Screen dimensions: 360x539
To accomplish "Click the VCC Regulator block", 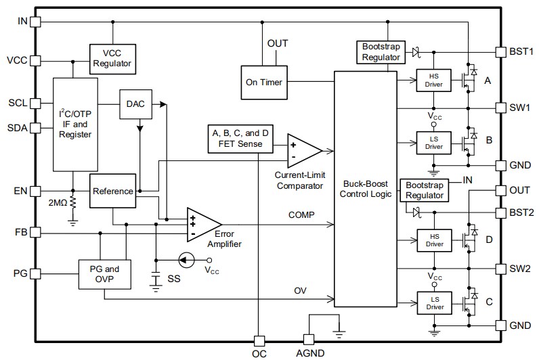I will point(112,59).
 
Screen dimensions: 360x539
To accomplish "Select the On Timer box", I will point(263,83).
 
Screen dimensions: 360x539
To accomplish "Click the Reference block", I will point(112,191).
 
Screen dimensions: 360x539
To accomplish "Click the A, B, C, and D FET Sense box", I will point(239,138).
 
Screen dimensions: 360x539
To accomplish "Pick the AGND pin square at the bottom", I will point(308,339).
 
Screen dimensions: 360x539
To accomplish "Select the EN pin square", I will point(36,190).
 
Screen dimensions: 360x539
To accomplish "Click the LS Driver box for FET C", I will point(433,304).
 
